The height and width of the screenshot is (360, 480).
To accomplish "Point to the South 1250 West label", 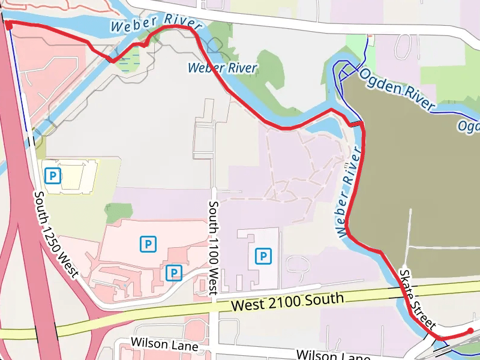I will pos(56,235).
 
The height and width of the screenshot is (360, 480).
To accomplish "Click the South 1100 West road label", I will pos(213,248).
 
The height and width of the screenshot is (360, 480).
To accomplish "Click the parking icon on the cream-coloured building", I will pos(53,176).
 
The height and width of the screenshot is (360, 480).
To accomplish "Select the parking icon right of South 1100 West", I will pos(263,256).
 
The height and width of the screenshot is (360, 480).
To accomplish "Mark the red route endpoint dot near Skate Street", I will pos(470,331).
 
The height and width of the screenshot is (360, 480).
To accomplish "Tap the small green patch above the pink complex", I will pos(118,212).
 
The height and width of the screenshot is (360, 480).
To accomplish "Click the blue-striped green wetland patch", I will pos(128,59).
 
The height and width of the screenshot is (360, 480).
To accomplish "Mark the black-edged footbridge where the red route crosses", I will pos(356,124).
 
